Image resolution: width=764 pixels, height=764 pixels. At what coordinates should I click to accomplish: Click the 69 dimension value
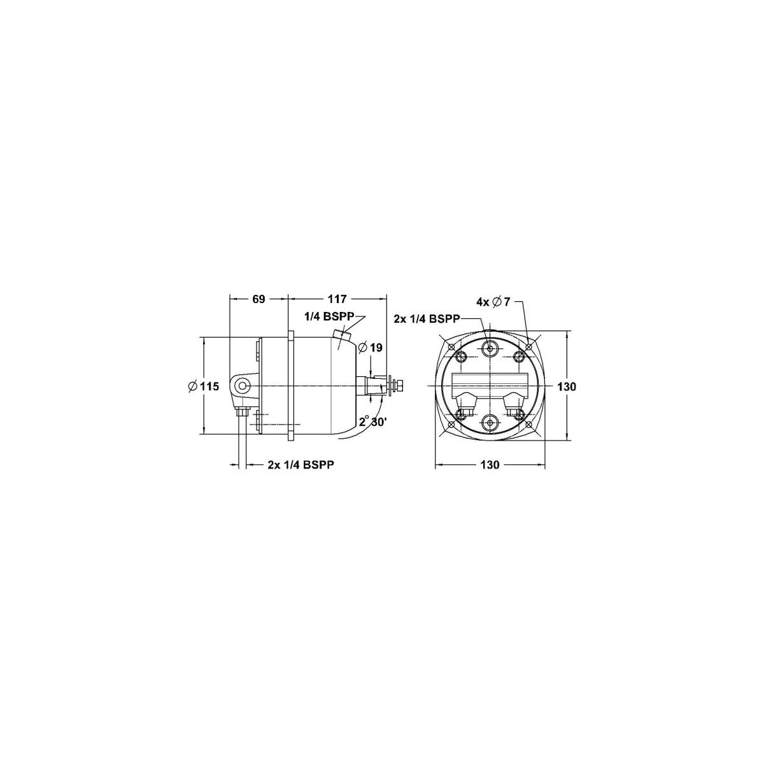(x=258, y=299)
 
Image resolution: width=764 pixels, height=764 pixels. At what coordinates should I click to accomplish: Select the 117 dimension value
(x=337, y=299)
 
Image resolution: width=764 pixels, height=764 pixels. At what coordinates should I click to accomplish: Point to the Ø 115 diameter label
(x=203, y=386)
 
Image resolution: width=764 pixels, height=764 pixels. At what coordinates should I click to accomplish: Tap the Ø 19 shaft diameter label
(x=370, y=348)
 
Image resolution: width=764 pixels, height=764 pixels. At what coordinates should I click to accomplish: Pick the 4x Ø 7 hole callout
(x=493, y=302)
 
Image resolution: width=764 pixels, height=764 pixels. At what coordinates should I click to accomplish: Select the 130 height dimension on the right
(x=567, y=386)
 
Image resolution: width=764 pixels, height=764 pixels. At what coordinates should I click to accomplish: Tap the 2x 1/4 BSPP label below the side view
(x=301, y=465)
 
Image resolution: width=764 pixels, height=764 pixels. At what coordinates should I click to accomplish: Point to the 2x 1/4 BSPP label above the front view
(x=427, y=318)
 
